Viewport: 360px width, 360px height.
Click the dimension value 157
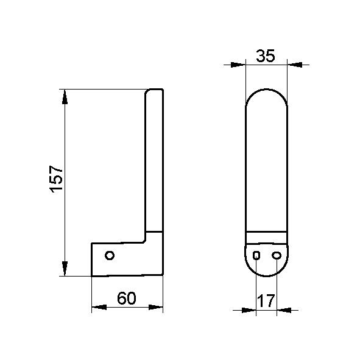pos(56,179)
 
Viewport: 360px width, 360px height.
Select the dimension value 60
pos(127,298)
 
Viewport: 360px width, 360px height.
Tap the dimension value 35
pos(266,56)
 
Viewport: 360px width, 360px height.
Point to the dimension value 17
pos(266,301)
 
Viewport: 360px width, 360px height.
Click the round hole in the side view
pos(110,255)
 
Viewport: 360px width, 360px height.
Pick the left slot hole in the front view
pos(256,255)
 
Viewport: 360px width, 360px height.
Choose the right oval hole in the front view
pos(277,255)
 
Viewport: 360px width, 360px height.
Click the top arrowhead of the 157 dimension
pos(65,96)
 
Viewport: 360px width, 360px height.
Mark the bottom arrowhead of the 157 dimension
pos(65,268)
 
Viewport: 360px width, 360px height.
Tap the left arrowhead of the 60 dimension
pos(99,307)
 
